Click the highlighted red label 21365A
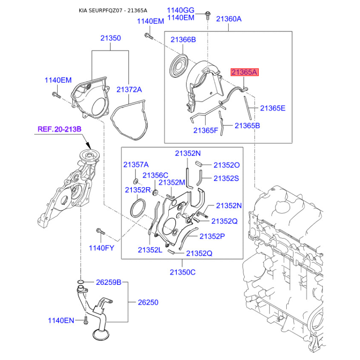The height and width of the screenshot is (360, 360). pyautogui.click(x=244, y=72)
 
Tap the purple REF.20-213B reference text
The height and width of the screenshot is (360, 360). pyautogui.click(x=59, y=129)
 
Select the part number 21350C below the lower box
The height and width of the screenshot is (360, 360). pyautogui.click(x=183, y=272)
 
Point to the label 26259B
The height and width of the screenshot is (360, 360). pyautogui.click(x=108, y=282)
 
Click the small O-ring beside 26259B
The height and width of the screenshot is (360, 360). pyautogui.click(x=81, y=282)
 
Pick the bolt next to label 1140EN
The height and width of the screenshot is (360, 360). pyautogui.click(x=86, y=320)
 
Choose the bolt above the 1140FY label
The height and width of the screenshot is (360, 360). pyautogui.click(x=100, y=231)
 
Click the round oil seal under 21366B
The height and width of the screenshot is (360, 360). pyautogui.click(x=179, y=66)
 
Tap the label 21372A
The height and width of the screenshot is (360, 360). pyautogui.click(x=129, y=90)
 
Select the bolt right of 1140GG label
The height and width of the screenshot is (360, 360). pyautogui.click(x=207, y=15)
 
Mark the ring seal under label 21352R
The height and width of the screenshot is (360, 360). pyautogui.click(x=138, y=208)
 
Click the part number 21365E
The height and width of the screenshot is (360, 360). pyautogui.click(x=273, y=108)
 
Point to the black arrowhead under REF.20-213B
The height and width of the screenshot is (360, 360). pyautogui.click(x=89, y=145)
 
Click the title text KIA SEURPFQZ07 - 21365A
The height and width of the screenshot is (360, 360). pyautogui.click(x=113, y=10)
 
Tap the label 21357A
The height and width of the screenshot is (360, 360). pyautogui.click(x=136, y=165)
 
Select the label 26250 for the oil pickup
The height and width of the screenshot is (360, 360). pyautogui.click(x=148, y=302)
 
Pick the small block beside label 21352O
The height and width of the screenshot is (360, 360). pyautogui.click(x=198, y=164)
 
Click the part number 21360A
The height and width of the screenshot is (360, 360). pyautogui.click(x=229, y=19)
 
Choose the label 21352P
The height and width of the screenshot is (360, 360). pyautogui.click(x=212, y=236)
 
